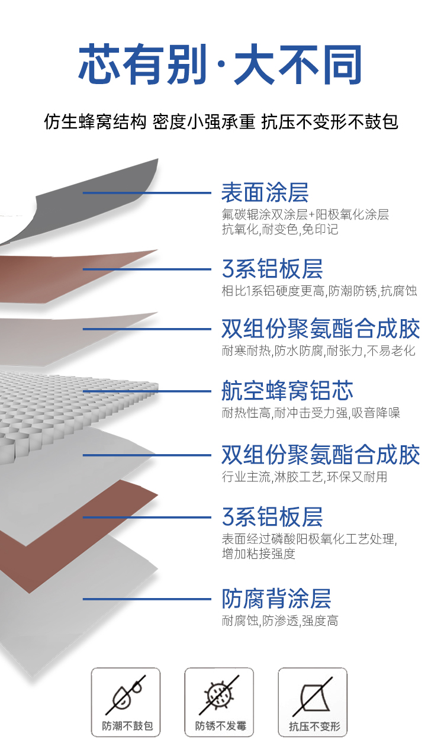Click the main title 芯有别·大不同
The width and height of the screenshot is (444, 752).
pyautogui.click(x=220, y=65)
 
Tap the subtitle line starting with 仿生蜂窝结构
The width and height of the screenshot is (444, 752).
pyautogui.click(x=221, y=122)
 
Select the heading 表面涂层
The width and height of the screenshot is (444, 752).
pyautogui.click(x=265, y=192)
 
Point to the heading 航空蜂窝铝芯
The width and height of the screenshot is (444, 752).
pyautogui.click(x=287, y=391)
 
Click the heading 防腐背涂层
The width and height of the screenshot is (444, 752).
pyautogui.click(x=276, y=599)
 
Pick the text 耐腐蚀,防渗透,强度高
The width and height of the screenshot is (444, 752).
pyautogui.click(x=280, y=621)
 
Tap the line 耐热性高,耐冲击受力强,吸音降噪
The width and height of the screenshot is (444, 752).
pyautogui.click(x=311, y=413)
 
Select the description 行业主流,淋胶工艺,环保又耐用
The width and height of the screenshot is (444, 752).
pyautogui.click(x=304, y=476)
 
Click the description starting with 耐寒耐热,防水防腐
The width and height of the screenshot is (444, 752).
pyautogui.click(x=318, y=351)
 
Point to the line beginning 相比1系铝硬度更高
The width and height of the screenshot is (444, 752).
pyautogui.click(x=319, y=291)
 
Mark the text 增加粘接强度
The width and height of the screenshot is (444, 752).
pyautogui.click(x=258, y=554)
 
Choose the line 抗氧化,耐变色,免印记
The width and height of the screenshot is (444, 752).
pyautogui.click(x=280, y=230)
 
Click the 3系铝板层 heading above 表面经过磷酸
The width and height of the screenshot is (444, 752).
pyautogui.click(x=272, y=517)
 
